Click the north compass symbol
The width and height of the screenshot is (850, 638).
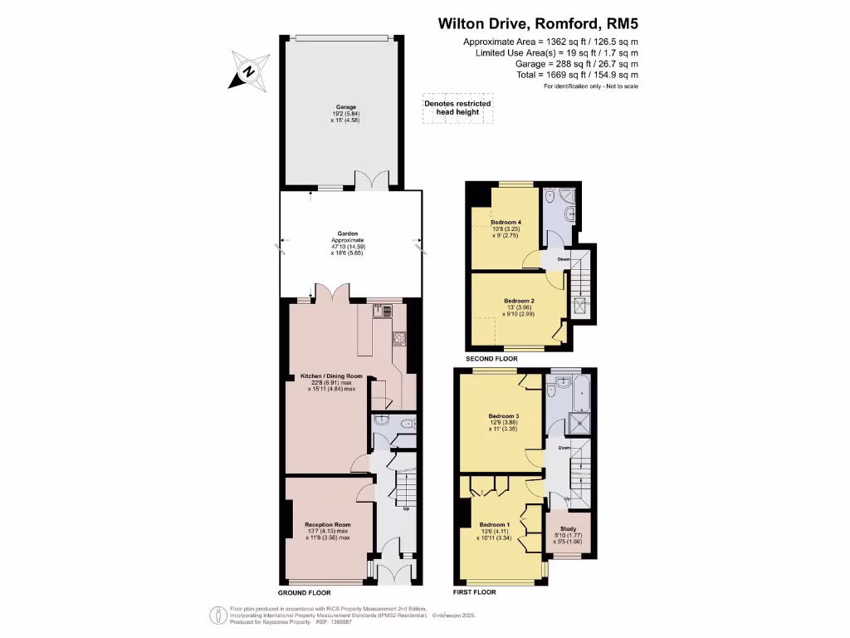248,71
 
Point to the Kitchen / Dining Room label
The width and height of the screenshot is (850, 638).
327,381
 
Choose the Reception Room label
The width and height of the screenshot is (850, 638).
327,529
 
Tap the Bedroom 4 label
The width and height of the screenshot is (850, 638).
506,227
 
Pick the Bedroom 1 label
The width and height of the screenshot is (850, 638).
496,529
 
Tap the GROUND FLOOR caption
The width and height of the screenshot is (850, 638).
305,593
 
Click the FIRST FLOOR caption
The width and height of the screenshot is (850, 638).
474,592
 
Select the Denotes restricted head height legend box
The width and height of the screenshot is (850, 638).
457,108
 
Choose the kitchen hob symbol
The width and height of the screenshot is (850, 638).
398,338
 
